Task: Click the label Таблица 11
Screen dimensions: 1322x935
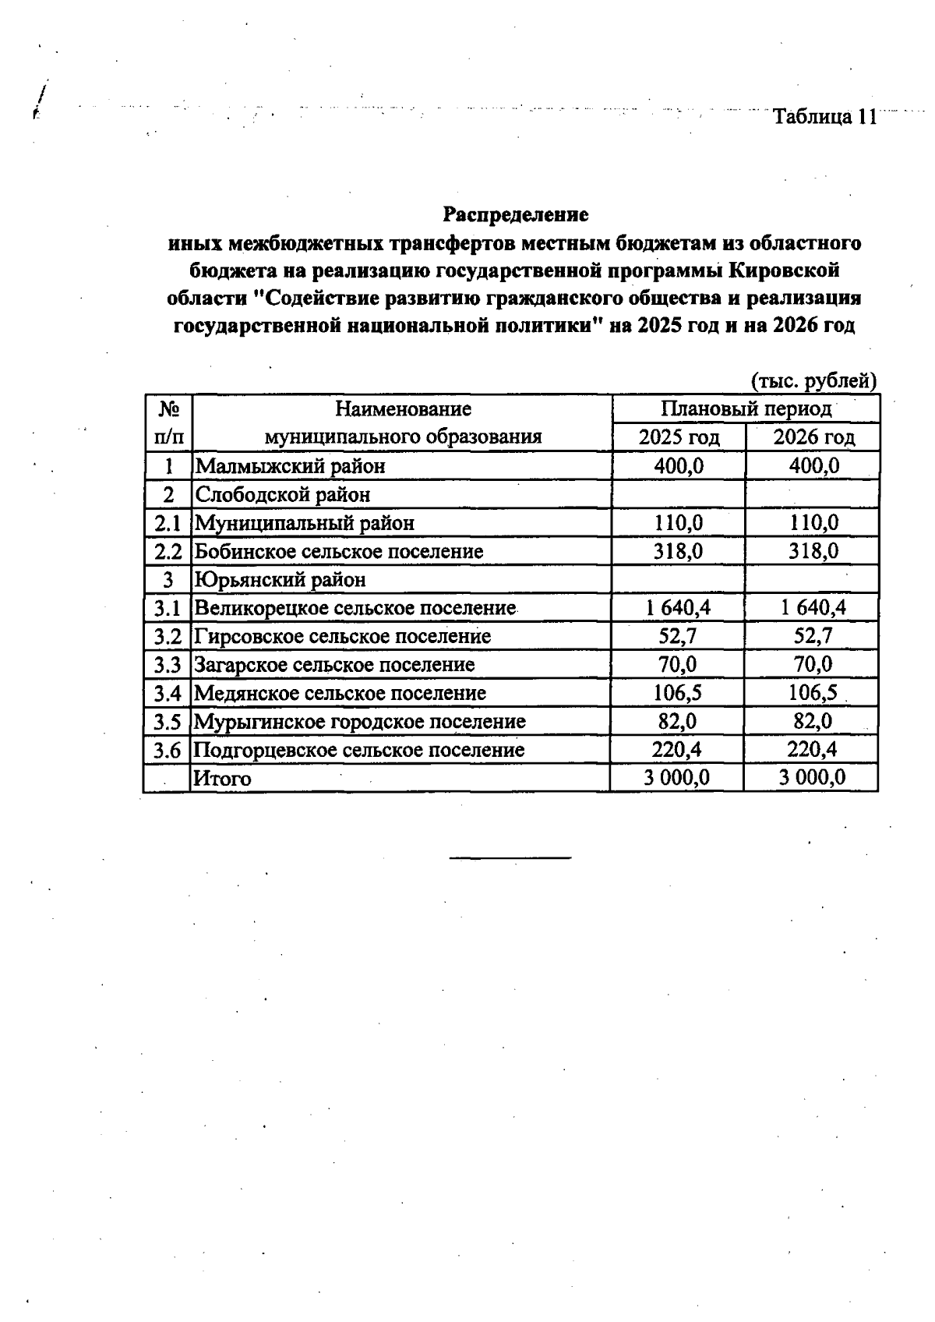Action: pyautogui.click(x=824, y=117)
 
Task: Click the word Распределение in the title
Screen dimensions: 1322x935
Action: pyautogui.click(x=516, y=214)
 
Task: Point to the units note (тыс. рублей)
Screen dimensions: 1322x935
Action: pyautogui.click(x=813, y=380)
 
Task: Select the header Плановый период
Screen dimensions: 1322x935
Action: pyautogui.click(x=746, y=408)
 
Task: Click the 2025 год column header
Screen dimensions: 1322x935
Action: pyautogui.click(x=679, y=437)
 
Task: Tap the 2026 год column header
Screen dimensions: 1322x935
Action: pyautogui.click(x=813, y=437)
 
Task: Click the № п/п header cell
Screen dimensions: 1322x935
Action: pyautogui.click(x=168, y=422)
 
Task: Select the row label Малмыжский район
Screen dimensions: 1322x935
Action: pyautogui.click(x=290, y=466)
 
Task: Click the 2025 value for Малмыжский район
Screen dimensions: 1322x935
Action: pyautogui.click(x=679, y=466)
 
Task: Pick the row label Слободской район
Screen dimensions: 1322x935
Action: pyautogui.click(x=282, y=494)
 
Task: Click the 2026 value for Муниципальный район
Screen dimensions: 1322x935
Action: pyautogui.click(x=813, y=522)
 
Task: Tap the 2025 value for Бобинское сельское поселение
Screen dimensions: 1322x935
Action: pyautogui.click(x=679, y=551)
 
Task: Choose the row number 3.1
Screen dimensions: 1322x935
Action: pyautogui.click(x=168, y=608)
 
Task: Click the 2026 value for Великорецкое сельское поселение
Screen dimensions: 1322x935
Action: pyautogui.click(x=813, y=608)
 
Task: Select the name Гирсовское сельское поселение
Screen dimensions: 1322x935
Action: pyautogui.click(x=343, y=636)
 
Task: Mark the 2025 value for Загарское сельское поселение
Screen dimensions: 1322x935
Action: pyautogui.click(x=677, y=664)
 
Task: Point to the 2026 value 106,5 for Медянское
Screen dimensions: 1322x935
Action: pyautogui.click(x=813, y=693)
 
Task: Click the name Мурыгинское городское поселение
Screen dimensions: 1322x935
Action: pyautogui.click(x=359, y=721)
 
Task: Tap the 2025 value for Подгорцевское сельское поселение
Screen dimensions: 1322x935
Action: pyautogui.click(x=676, y=749)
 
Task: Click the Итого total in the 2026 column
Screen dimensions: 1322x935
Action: pyautogui.click(x=812, y=778)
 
